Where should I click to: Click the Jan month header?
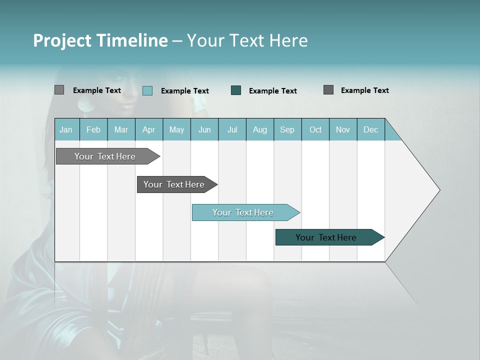click(66, 130)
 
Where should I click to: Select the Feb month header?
click(93, 130)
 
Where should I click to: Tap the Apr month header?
click(148, 130)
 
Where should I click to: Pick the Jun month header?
click(204, 130)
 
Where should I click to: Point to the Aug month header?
click(260, 130)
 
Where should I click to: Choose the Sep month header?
click(287, 130)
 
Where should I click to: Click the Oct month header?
click(315, 130)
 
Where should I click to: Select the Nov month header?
click(343, 130)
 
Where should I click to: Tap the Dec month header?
click(371, 130)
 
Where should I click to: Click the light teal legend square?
click(147, 90)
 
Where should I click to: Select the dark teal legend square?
click(236, 90)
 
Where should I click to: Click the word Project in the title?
click(62, 40)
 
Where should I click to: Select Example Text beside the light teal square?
click(185, 91)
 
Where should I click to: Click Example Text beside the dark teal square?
click(273, 91)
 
